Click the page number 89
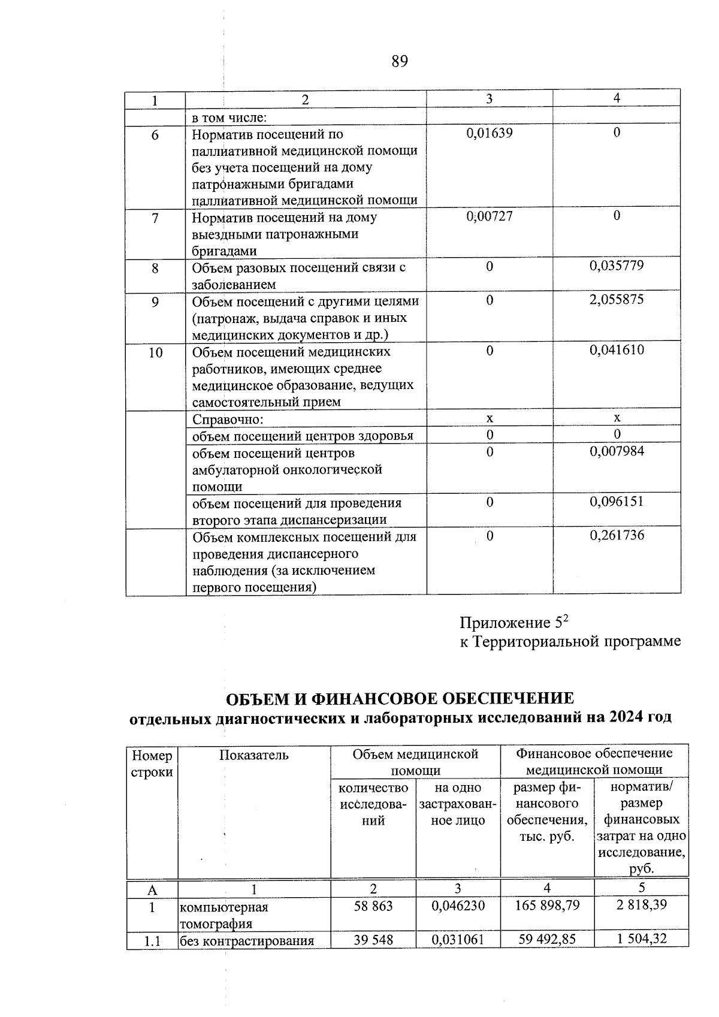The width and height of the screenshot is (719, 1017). pyautogui.click(x=400, y=61)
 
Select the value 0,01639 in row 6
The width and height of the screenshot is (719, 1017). pyautogui.click(x=490, y=133)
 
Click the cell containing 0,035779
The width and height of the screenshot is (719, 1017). pyautogui.click(x=617, y=266)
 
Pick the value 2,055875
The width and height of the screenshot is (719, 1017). pyautogui.click(x=617, y=300)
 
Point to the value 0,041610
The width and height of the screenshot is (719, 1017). pyautogui.click(x=617, y=350)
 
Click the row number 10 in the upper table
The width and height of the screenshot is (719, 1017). pyautogui.click(x=155, y=352)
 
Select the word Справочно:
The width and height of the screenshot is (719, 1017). pyautogui.click(x=228, y=419)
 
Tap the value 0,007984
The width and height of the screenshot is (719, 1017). pyautogui.click(x=617, y=451)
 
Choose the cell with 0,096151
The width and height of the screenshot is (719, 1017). pyautogui.click(x=617, y=501)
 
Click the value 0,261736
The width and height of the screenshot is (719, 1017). pyautogui.click(x=617, y=535)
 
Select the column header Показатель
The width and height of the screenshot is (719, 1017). pyautogui.click(x=253, y=755)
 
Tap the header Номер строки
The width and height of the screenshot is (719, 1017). pyautogui.click(x=152, y=763)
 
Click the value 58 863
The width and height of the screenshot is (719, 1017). pyautogui.click(x=373, y=906)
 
